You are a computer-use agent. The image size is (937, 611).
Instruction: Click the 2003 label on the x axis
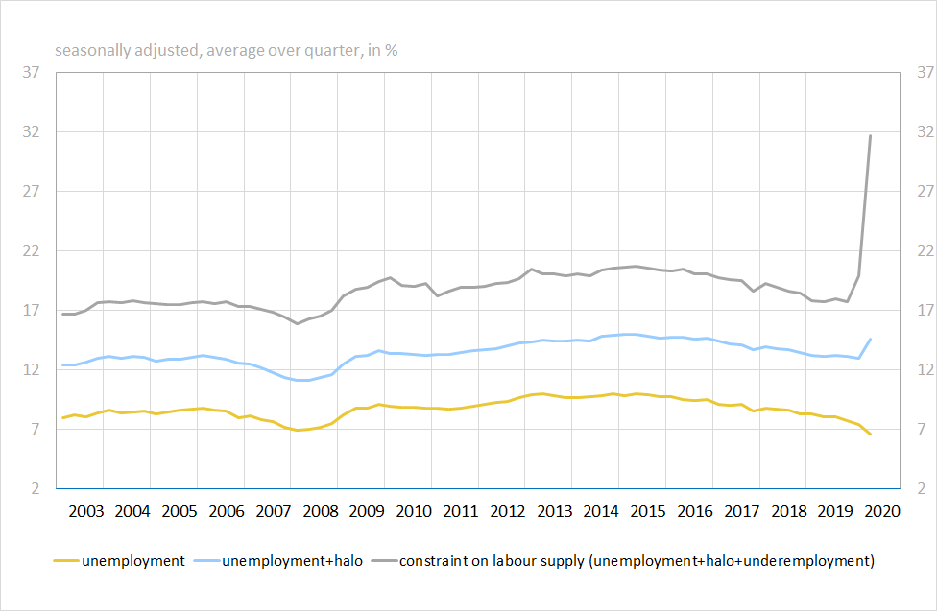[x=86, y=511]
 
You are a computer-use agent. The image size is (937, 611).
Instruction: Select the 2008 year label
[x=321, y=511]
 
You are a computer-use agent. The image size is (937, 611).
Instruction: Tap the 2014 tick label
[x=602, y=511]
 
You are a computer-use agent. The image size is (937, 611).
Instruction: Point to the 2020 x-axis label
[x=882, y=511]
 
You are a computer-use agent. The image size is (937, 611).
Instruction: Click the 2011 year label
[x=461, y=511]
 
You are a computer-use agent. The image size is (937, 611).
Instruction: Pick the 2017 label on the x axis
[x=742, y=511]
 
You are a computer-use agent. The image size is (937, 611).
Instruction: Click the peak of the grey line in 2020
[x=870, y=135]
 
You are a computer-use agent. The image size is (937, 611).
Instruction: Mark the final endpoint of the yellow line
[x=870, y=435]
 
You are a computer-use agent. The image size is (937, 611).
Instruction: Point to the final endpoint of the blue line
[x=870, y=339]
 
